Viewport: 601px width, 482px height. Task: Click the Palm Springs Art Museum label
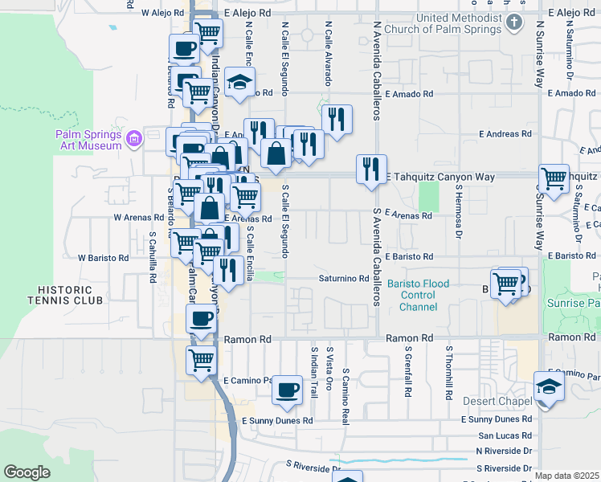pos(88,140)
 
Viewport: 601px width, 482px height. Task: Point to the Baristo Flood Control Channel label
pos(418,296)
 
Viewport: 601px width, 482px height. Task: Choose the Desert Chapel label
pos(497,401)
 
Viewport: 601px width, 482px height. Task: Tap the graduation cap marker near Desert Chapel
pos(549,385)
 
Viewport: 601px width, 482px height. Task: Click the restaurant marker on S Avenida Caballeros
pos(371,169)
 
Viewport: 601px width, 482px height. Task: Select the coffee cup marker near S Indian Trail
pos(287,391)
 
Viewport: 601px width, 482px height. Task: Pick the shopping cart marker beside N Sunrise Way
pos(554,179)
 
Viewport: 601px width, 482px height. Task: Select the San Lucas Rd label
pos(504,435)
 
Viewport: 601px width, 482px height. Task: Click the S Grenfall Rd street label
pos(408,378)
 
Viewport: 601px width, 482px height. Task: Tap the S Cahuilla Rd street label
pos(152,257)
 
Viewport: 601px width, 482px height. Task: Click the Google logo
pos(27,472)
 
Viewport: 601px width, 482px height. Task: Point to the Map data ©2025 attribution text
pos(566,476)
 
